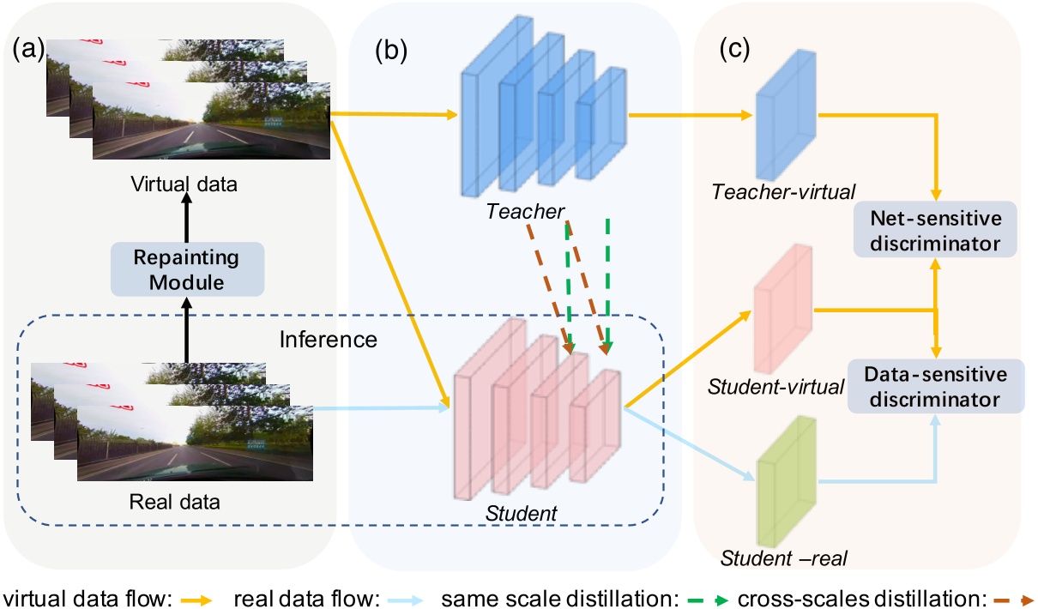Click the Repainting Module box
187,269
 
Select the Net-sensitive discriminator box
935,229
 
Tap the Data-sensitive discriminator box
936,386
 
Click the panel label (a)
28,48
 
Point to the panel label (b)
391,50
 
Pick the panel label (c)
734,48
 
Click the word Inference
328,340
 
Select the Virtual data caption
184,184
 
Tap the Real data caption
174,502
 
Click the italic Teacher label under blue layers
525,212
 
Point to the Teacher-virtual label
783,192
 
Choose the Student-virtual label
775,387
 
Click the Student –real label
783,558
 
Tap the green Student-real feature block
787,481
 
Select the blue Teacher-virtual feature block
786,115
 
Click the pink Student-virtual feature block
783,308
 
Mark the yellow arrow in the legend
196,600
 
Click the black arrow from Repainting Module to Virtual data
187,217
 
